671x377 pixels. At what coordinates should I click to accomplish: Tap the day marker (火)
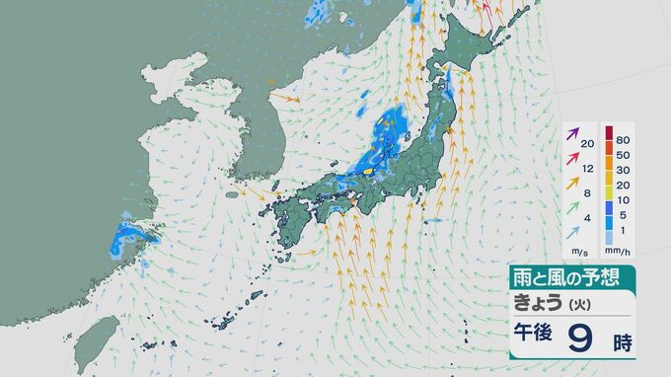tap(577, 303)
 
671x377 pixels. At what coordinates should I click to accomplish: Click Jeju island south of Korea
tap(233, 194)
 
